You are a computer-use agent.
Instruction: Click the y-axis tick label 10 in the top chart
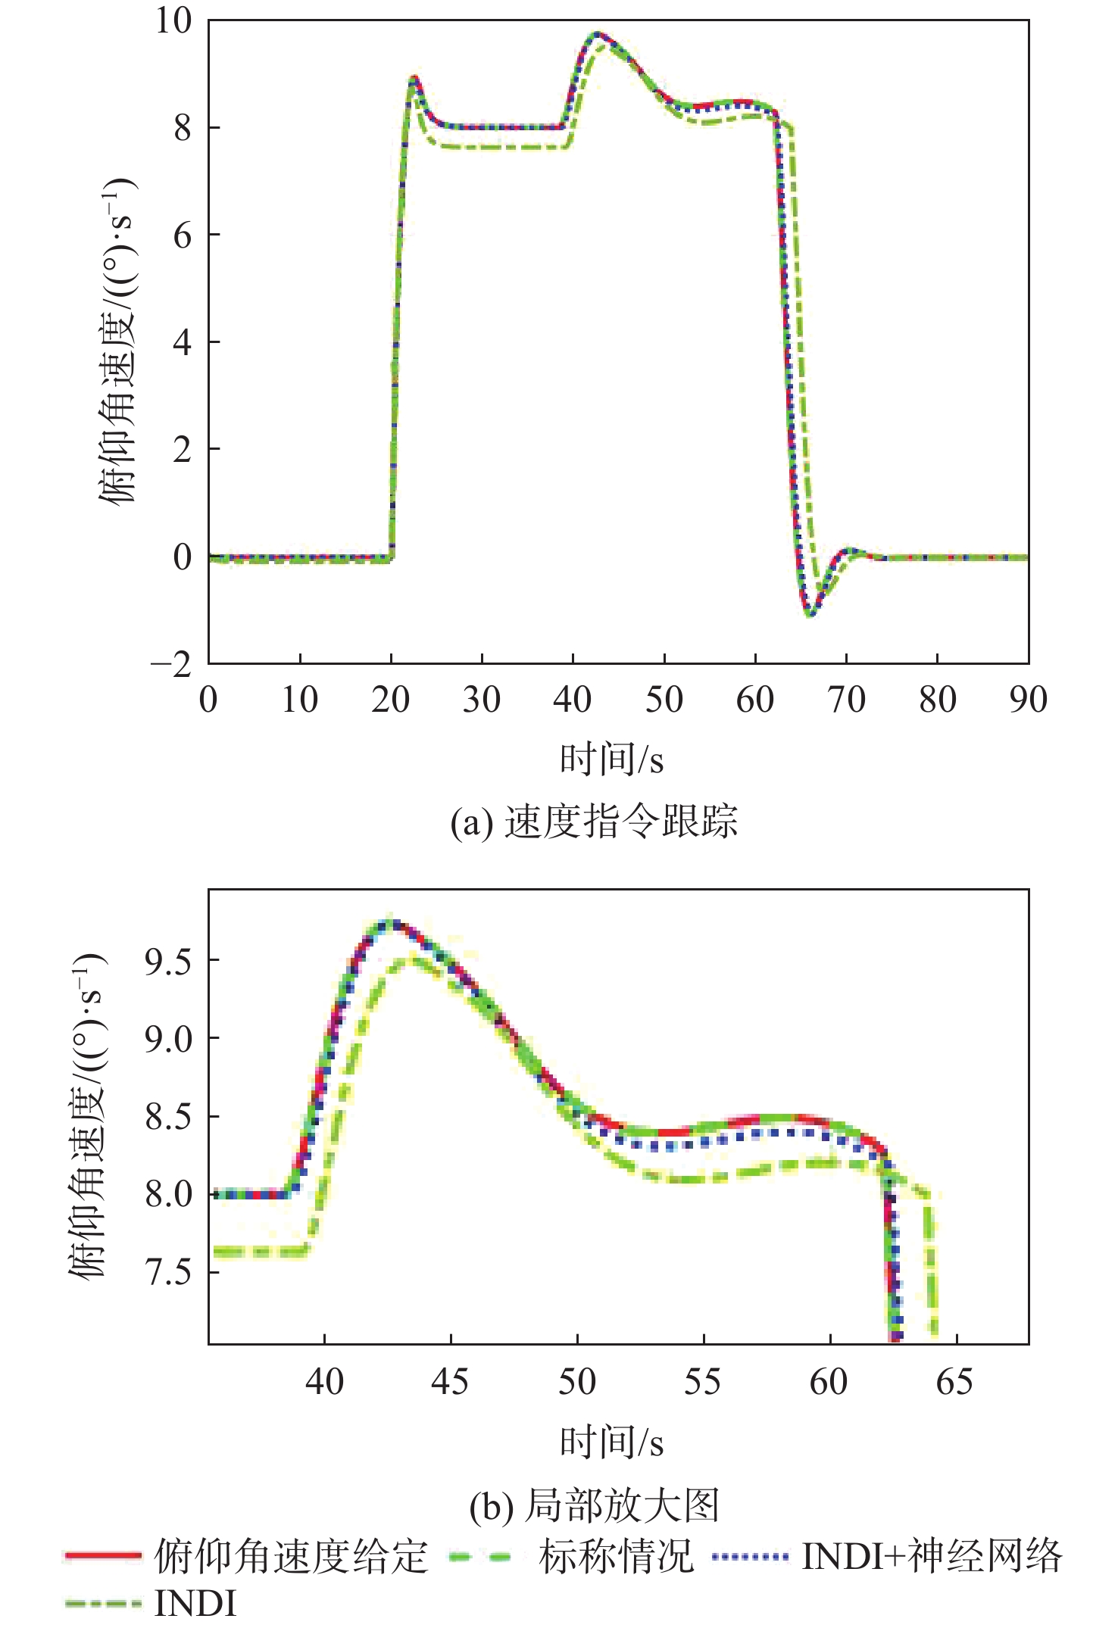tap(173, 20)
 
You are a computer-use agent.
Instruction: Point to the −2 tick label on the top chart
tap(171, 665)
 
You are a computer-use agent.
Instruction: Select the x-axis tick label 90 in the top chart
tap(1028, 700)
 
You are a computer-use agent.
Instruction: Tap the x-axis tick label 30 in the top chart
tap(481, 700)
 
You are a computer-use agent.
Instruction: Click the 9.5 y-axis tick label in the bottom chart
tap(168, 960)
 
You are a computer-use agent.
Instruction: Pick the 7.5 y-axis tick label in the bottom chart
tap(168, 1272)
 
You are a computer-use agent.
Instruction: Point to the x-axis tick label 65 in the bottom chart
tap(954, 1382)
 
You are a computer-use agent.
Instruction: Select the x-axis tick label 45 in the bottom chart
tap(450, 1382)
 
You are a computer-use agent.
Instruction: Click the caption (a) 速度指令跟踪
tap(594, 822)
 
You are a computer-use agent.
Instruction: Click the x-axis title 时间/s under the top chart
tap(611, 759)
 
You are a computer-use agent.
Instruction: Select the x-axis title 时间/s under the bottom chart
tap(611, 1442)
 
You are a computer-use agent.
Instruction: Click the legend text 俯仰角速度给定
tap(291, 1557)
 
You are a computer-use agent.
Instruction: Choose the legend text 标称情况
tap(616, 1557)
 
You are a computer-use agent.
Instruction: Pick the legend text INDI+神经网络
tap(932, 1557)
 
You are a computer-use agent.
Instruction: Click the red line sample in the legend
tap(103, 1556)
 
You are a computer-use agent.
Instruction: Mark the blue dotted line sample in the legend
tap(750, 1557)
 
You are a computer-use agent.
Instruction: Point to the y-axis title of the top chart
tap(117, 341)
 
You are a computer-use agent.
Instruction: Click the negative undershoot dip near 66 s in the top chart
tap(810, 613)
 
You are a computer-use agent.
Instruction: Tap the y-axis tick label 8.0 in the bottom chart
tap(168, 1194)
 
